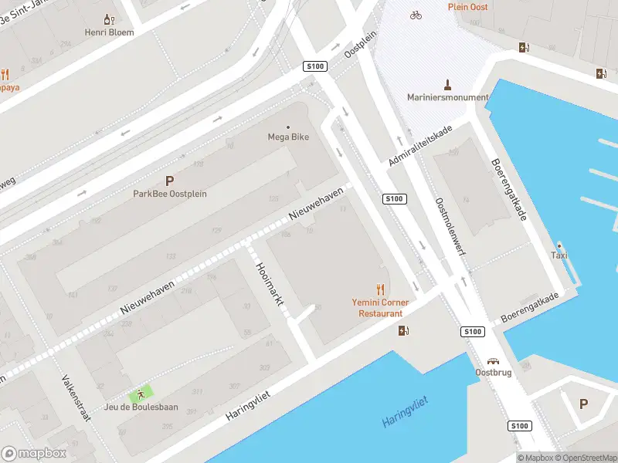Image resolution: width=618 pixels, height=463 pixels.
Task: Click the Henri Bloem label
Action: point(109,32)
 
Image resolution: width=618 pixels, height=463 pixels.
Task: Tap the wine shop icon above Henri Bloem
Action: point(109,19)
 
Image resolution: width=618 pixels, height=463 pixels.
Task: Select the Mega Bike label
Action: point(288,137)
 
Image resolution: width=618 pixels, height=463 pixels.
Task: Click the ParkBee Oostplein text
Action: point(170,194)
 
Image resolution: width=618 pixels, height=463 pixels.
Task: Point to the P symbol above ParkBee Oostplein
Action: point(170,180)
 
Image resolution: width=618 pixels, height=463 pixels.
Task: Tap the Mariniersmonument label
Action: point(448,97)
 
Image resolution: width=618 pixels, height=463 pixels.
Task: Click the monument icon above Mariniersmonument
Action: point(447,83)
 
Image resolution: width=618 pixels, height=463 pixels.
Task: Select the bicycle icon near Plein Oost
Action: point(416,15)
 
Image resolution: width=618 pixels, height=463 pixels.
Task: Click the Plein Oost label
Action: point(467,6)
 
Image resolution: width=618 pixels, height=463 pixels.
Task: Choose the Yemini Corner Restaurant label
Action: point(381,308)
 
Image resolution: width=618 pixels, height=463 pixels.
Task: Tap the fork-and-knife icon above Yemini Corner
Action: point(380,290)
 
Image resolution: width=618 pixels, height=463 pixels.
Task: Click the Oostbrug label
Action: point(493,373)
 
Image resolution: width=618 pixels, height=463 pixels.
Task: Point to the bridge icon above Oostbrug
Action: point(493,360)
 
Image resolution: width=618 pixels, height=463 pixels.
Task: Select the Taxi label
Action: point(559,255)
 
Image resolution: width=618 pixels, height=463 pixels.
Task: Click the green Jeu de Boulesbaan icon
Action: point(141,393)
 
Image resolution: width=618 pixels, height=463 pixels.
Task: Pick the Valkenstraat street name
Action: point(76,398)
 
